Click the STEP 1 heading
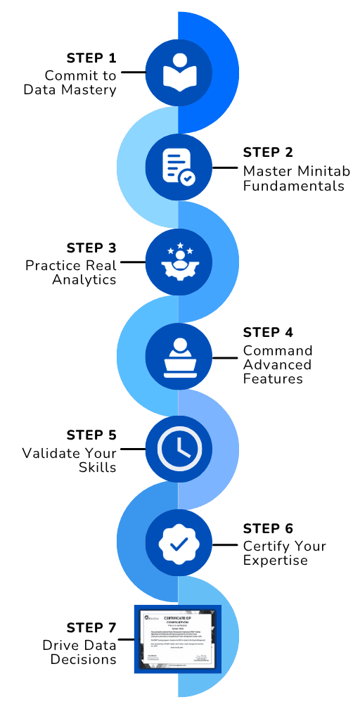point(91,58)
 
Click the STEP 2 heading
point(267,153)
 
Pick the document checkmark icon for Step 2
point(179,167)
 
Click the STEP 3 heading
point(91,248)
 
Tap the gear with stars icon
point(179,262)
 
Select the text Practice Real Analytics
point(71,272)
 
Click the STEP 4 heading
point(267,332)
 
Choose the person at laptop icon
point(179,357)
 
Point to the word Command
point(278,350)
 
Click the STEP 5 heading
point(91,435)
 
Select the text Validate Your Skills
point(70,460)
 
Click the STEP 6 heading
point(267,528)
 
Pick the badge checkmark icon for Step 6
point(179,543)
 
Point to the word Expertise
point(276,560)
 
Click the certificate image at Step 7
point(178,638)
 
